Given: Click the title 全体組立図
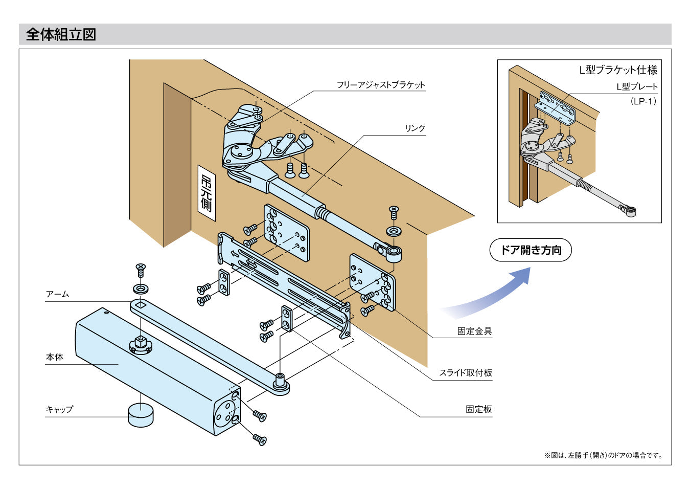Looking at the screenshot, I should (61, 34).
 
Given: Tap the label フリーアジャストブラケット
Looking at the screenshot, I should (381, 85).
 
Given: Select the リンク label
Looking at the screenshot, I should (415, 128).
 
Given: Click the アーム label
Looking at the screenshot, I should (57, 294).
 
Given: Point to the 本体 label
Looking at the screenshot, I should (55, 357).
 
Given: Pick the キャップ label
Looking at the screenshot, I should (59, 409).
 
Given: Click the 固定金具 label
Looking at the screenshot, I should (474, 331).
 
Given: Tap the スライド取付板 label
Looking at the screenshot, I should (466, 373).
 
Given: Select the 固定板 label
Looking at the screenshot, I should (478, 409).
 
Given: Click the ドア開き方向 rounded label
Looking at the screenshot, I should (531, 250).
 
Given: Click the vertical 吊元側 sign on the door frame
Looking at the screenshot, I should (206, 193).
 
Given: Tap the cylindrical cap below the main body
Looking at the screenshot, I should (141, 414).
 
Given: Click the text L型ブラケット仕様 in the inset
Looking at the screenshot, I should (618, 70).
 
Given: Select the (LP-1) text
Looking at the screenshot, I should (643, 101).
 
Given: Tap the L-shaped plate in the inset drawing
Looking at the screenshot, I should (555, 108).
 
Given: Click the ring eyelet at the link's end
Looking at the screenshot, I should (394, 252).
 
